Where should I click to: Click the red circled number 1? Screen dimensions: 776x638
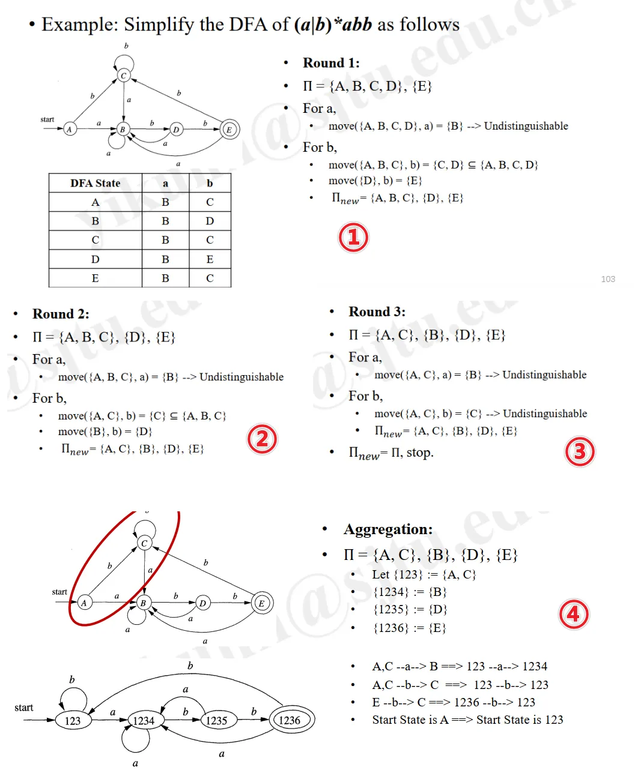[353, 237]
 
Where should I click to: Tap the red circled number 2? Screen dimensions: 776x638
[262, 439]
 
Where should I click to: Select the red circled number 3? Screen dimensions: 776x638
[580, 451]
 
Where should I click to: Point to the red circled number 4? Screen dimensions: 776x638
[574, 614]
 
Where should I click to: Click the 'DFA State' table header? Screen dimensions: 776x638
[95, 183]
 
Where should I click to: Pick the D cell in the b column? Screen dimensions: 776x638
[210, 221]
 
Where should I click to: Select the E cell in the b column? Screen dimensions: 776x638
[210, 259]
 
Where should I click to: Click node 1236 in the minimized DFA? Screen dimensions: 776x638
[289, 720]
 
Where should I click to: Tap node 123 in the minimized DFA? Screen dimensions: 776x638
[73, 721]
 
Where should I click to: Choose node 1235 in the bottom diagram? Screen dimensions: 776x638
[216, 721]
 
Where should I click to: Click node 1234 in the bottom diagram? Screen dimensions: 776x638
[144, 721]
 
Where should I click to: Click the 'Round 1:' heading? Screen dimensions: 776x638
[331, 63]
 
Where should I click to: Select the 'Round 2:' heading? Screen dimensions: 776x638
[61, 314]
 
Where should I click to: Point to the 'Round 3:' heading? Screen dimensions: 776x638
[377, 311]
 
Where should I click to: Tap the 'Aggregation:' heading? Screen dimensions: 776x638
[388, 529]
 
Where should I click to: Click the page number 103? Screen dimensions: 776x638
[608, 279]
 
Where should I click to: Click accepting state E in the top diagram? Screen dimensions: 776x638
[229, 129]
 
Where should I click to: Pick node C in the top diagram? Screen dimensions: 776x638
[124, 76]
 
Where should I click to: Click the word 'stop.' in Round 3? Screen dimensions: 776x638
[420, 453]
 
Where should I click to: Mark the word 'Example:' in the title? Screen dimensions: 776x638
[80, 25]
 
